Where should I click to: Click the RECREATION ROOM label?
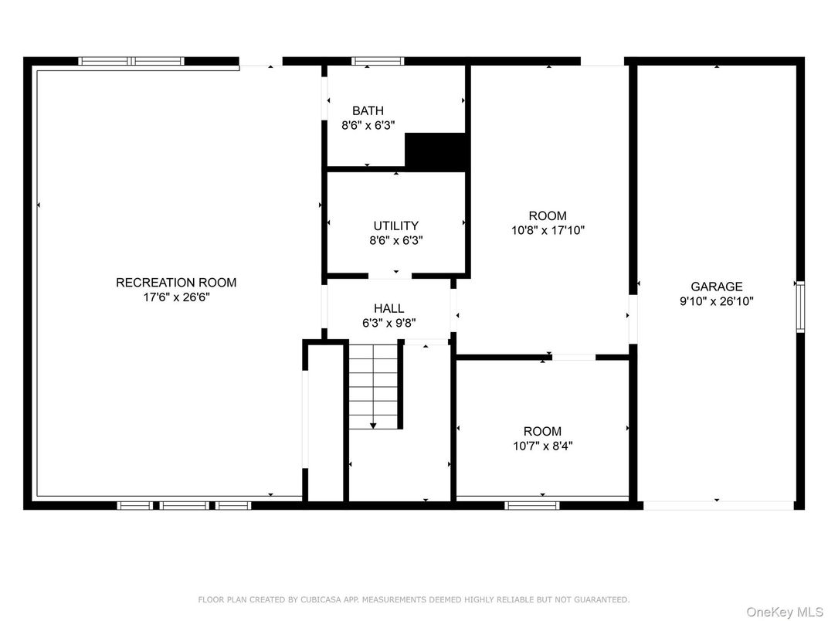pos(176,283)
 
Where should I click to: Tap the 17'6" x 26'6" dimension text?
pos(176,297)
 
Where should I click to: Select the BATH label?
pos(368,111)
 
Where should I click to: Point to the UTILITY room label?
pos(396,226)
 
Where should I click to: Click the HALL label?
pos(389,308)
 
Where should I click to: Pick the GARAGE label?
pos(717,287)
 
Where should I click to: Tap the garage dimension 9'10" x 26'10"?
pos(717,301)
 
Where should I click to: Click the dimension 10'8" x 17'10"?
pos(548,230)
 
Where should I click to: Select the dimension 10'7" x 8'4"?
pos(543,446)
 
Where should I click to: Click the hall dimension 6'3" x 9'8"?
pos(389,323)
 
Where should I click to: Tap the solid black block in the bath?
pos(436,151)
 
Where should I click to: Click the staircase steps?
pos(373,386)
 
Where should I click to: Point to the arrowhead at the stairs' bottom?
pos(373,425)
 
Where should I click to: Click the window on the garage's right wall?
pos(800,307)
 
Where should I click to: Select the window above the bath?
pos(378,61)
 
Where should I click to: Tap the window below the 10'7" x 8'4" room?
pos(531,505)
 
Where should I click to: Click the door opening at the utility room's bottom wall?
pos(390,276)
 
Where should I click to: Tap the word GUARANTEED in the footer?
pos(602,599)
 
